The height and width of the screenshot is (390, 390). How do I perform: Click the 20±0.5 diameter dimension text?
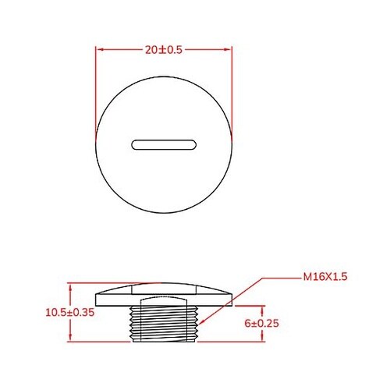point(164,48)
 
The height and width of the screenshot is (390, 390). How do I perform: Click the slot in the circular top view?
point(164,144)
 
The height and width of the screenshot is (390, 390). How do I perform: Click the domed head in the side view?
point(164,291)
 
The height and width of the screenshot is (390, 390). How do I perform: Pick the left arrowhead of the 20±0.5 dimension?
point(99,48)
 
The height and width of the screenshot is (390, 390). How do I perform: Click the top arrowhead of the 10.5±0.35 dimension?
point(72,285)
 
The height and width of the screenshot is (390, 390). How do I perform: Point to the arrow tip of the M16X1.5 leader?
point(202,321)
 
